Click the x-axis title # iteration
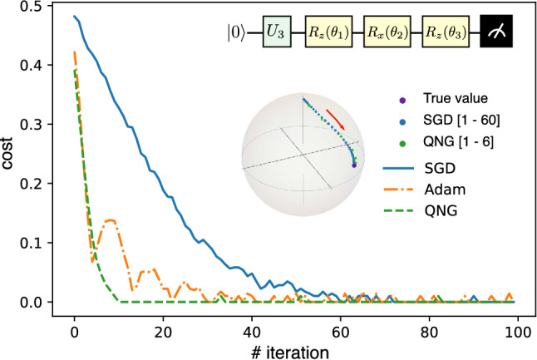293,350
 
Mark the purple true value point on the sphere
355,165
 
